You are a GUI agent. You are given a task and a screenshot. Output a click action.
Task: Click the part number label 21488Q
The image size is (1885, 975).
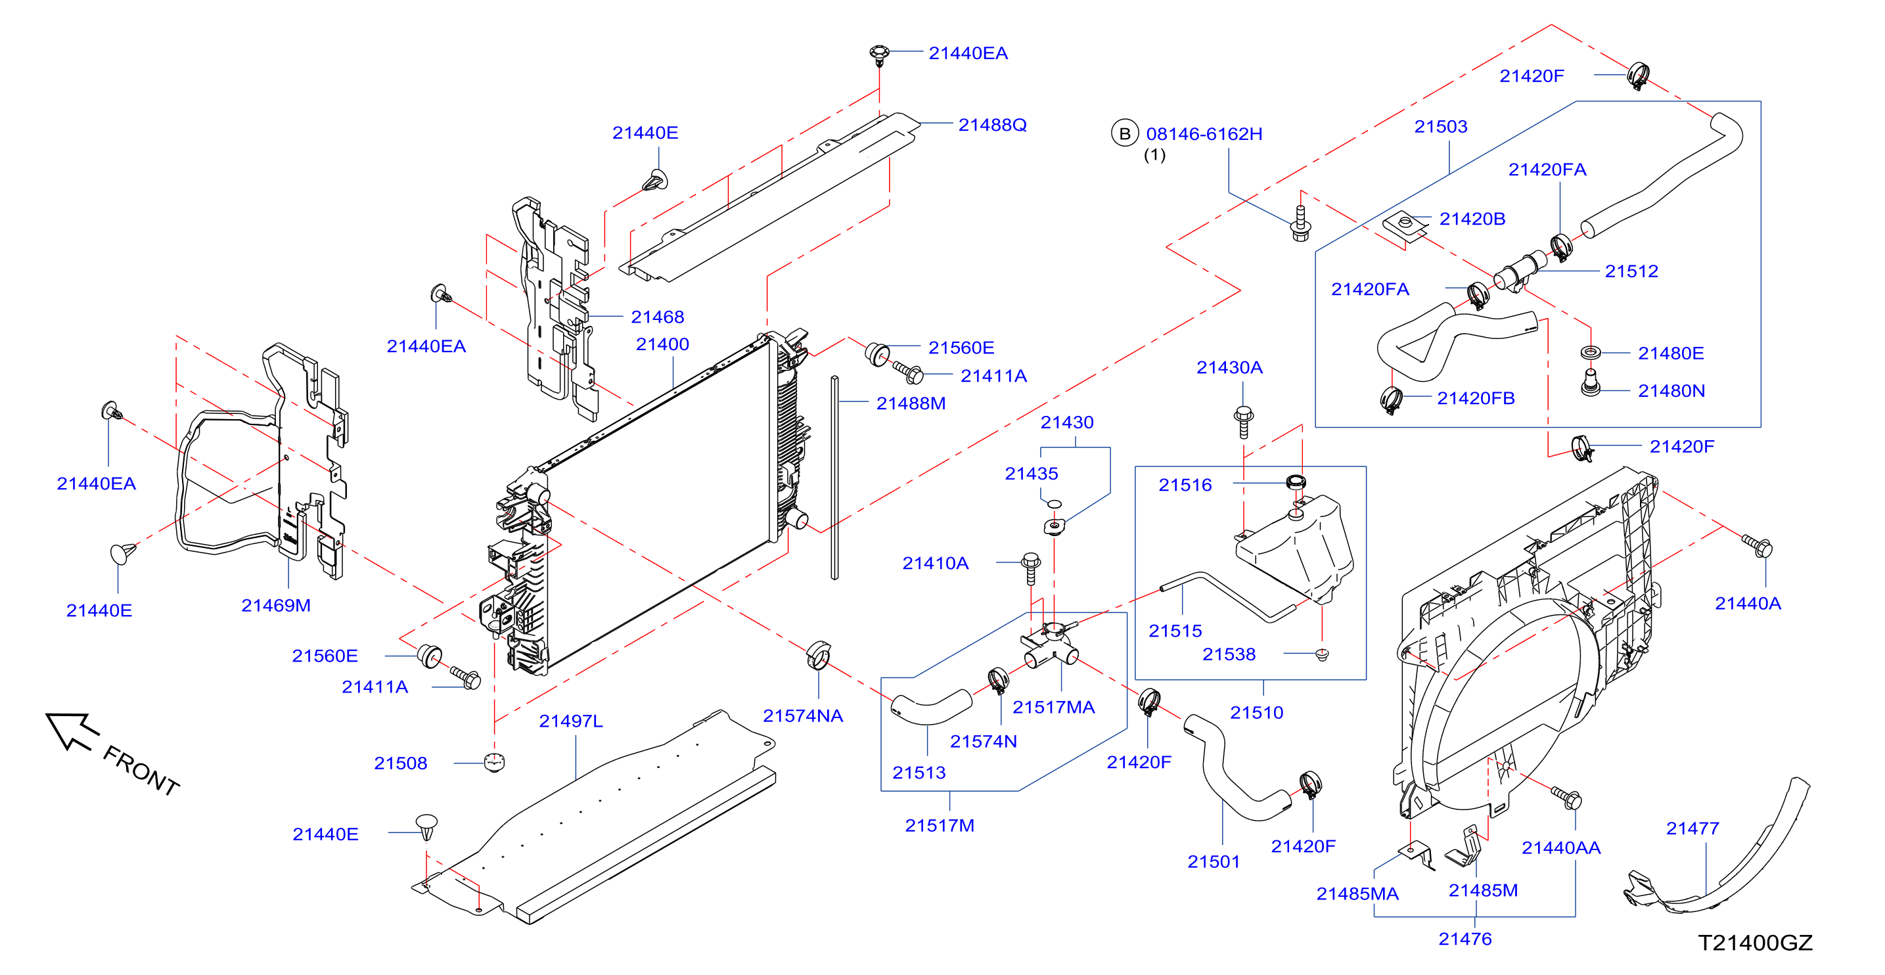tap(992, 125)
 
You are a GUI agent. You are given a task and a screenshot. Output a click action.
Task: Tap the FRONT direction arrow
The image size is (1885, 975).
tap(72, 731)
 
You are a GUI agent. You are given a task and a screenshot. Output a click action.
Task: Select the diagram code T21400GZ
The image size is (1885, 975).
tap(1755, 943)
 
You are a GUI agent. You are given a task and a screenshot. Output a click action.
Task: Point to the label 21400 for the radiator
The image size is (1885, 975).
tap(662, 344)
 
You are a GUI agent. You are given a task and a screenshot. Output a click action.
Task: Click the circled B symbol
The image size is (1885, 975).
tap(1125, 134)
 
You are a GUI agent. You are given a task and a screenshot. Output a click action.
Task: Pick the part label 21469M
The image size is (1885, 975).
tap(276, 605)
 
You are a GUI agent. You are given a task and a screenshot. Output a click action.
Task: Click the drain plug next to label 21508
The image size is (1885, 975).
tap(495, 762)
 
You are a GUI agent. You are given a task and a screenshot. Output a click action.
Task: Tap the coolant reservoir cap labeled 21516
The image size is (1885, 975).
tap(1296, 482)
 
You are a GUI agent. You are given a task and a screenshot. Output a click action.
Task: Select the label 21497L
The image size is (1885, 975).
tap(571, 721)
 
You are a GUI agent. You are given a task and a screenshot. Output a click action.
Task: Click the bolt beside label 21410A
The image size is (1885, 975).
tap(1030, 568)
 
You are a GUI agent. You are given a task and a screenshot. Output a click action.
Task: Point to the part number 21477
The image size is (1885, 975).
tap(1692, 828)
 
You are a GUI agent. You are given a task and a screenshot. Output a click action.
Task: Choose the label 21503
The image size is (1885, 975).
tap(1441, 127)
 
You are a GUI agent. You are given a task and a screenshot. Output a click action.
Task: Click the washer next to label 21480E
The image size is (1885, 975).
tap(1590, 353)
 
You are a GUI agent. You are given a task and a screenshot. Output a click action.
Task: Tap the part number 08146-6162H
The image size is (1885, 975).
tap(1204, 134)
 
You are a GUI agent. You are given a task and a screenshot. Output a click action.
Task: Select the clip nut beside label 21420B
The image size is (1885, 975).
tap(1405, 225)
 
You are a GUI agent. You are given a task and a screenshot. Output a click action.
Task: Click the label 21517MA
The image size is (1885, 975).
tap(1054, 707)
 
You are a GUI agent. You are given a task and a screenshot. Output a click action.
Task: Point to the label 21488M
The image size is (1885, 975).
tap(911, 403)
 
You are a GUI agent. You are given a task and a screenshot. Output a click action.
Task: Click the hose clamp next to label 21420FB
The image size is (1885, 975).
tap(1390, 399)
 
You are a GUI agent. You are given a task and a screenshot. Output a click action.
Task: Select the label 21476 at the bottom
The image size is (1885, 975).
tap(1465, 939)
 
